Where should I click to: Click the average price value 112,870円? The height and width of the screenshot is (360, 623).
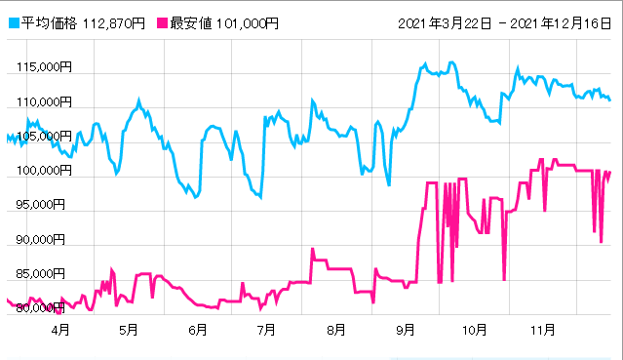pos(107,21)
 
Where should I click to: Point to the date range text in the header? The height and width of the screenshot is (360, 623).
pos(504,21)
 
